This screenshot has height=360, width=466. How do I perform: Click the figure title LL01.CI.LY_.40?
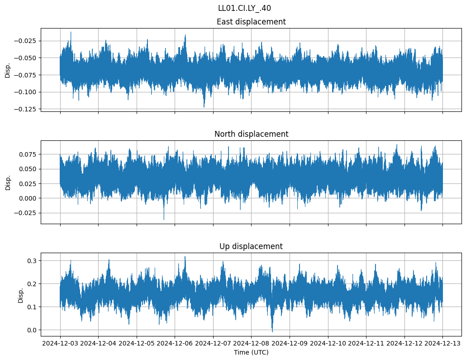pos(244,8)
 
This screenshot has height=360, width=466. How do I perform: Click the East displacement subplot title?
pos(251,22)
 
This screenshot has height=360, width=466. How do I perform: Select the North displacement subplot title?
pos(251,134)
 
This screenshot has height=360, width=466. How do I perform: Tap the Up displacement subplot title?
pos(251,246)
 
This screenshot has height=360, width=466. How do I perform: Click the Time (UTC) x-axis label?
pos(251,352)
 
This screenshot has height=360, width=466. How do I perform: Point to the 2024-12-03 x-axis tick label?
pos(60,343)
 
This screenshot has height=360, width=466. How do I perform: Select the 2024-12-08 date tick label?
pos(252,343)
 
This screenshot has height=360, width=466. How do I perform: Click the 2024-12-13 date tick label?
pos(442,343)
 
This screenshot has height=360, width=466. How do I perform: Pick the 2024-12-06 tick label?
pos(175,343)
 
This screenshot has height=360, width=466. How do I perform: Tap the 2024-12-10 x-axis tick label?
pos(328,343)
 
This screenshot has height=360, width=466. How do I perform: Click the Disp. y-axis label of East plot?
pos(8,70)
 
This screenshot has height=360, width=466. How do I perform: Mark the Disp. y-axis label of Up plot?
pos(20,294)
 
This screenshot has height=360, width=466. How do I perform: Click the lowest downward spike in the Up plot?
pos(272,331)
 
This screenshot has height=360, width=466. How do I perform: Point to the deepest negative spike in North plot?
pos(164,219)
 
